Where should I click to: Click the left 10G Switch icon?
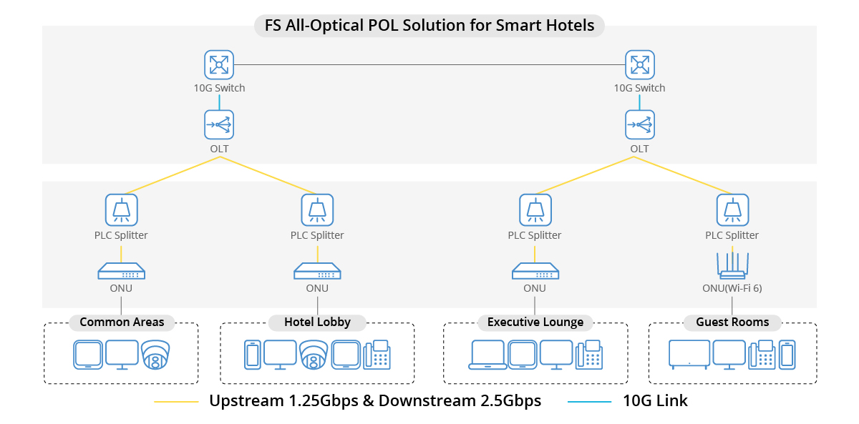tap(218, 64)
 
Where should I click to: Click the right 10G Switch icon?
tap(639, 64)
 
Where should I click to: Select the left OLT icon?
tap(218, 124)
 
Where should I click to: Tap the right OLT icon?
tap(639, 124)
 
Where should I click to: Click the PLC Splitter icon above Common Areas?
tap(121, 209)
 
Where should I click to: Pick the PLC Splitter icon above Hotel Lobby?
tap(317, 209)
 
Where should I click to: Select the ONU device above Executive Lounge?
tap(535, 271)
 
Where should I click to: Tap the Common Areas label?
tap(122, 322)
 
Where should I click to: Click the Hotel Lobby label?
tap(317, 322)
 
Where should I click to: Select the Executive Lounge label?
tap(535, 322)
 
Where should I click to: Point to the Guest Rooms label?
tap(732, 322)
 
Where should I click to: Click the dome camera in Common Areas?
tap(155, 355)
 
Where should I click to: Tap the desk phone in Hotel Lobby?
tap(377, 355)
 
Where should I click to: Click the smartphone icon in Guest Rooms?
tap(787, 355)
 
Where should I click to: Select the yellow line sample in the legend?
tap(176, 402)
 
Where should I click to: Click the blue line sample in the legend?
tap(590, 402)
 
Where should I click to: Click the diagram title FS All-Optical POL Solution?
tap(429, 26)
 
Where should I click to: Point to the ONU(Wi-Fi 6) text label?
tap(732, 288)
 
